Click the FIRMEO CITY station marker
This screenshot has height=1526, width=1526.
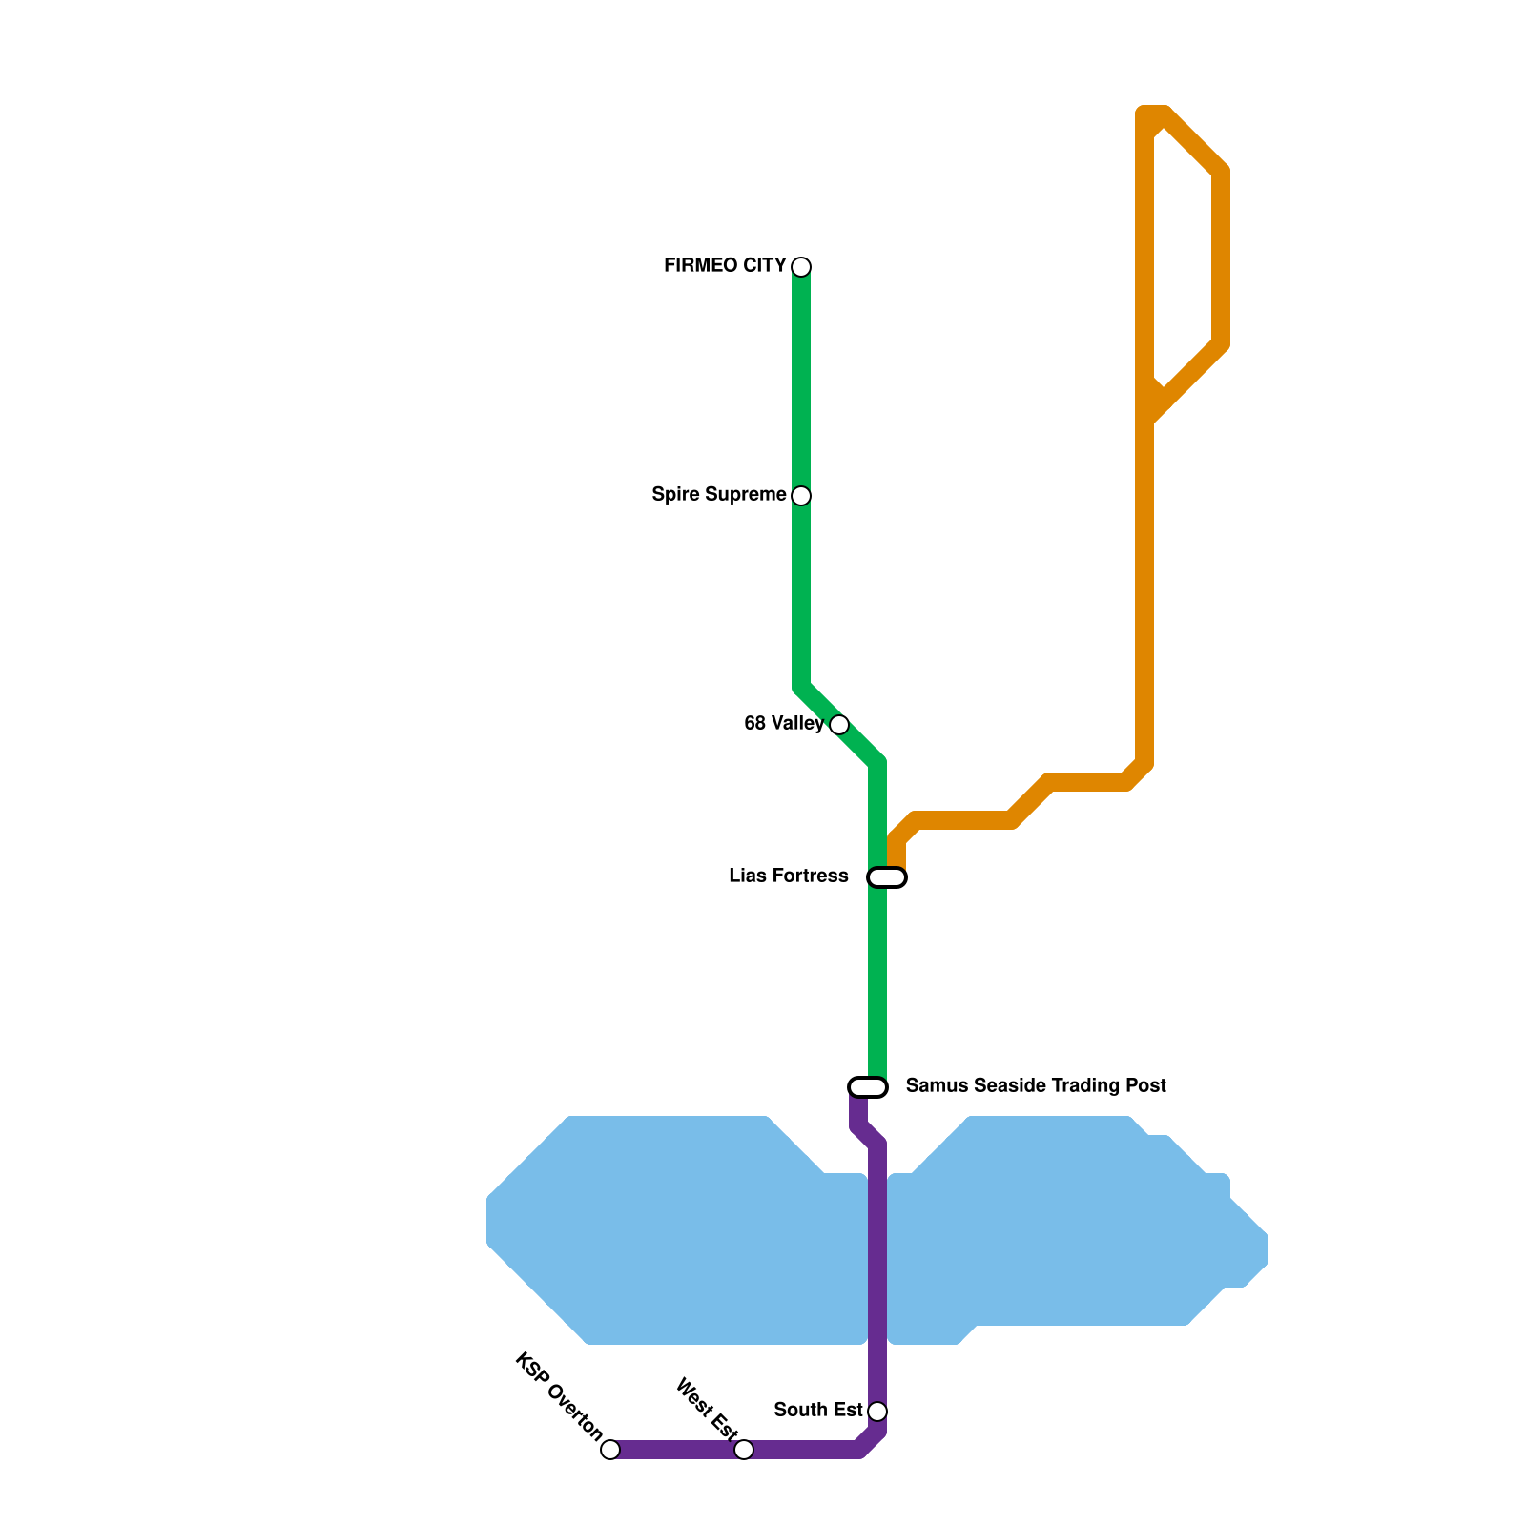(x=801, y=266)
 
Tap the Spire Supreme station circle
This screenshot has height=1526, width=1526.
(x=801, y=495)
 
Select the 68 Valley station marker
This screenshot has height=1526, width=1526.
(x=838, y=724)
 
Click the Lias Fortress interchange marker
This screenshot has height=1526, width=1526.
(x=887, y=877)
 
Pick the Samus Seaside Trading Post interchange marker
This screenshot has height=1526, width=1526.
(x=868, y=1086)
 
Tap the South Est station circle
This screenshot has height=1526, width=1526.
(x=877, y=1411)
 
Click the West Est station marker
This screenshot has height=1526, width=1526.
(x=744, y=1450)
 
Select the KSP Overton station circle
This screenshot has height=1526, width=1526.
(x=610, y=1450)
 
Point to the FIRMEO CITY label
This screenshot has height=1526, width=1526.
(x=725, y=266)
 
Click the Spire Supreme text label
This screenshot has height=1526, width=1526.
(x=719, y=495)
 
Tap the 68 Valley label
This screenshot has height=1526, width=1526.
(x=783, y=724)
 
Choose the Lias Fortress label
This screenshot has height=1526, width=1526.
(x=788, y=876)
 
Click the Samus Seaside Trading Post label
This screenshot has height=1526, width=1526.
(x=1036, y=1086)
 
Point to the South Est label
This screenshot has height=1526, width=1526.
(x=818, y=1411)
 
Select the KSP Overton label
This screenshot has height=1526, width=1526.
(x=559, y=1396)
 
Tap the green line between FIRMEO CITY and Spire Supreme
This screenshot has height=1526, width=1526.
(x=801, y=381)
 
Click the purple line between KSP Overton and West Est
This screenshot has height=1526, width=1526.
(x=677, y=1450)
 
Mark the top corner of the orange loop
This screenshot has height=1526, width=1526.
(x=1153, y=115)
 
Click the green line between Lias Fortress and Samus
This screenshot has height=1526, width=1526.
(x=877, y=982)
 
